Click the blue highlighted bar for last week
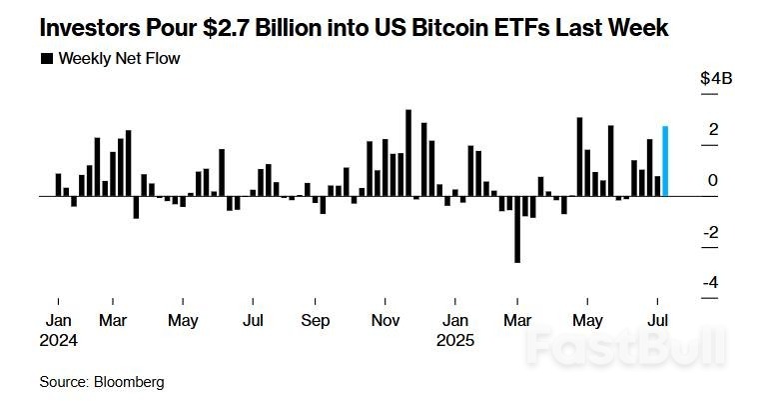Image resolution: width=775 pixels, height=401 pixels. (665, 161)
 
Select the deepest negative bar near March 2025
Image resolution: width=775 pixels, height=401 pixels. (517, 229)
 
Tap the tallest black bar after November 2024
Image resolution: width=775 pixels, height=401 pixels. (408, 152)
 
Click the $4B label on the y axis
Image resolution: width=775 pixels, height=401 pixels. (715, 79)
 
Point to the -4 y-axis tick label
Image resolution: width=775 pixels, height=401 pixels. (711, 283)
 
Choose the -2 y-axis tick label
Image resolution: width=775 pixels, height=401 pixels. (711, 232)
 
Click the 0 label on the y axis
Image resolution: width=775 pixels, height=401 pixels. (713, 181)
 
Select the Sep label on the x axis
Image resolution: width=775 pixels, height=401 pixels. (316, 321)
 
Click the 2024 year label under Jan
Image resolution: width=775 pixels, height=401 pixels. (60, 339)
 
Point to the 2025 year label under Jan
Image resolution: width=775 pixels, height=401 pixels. (456, 339)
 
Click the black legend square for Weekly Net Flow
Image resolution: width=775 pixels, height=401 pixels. (46, 59)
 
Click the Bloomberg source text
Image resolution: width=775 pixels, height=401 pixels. (129, 382)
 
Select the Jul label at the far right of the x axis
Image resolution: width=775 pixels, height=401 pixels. (659, 321)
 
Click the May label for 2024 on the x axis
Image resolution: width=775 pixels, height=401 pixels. (183, 321)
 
